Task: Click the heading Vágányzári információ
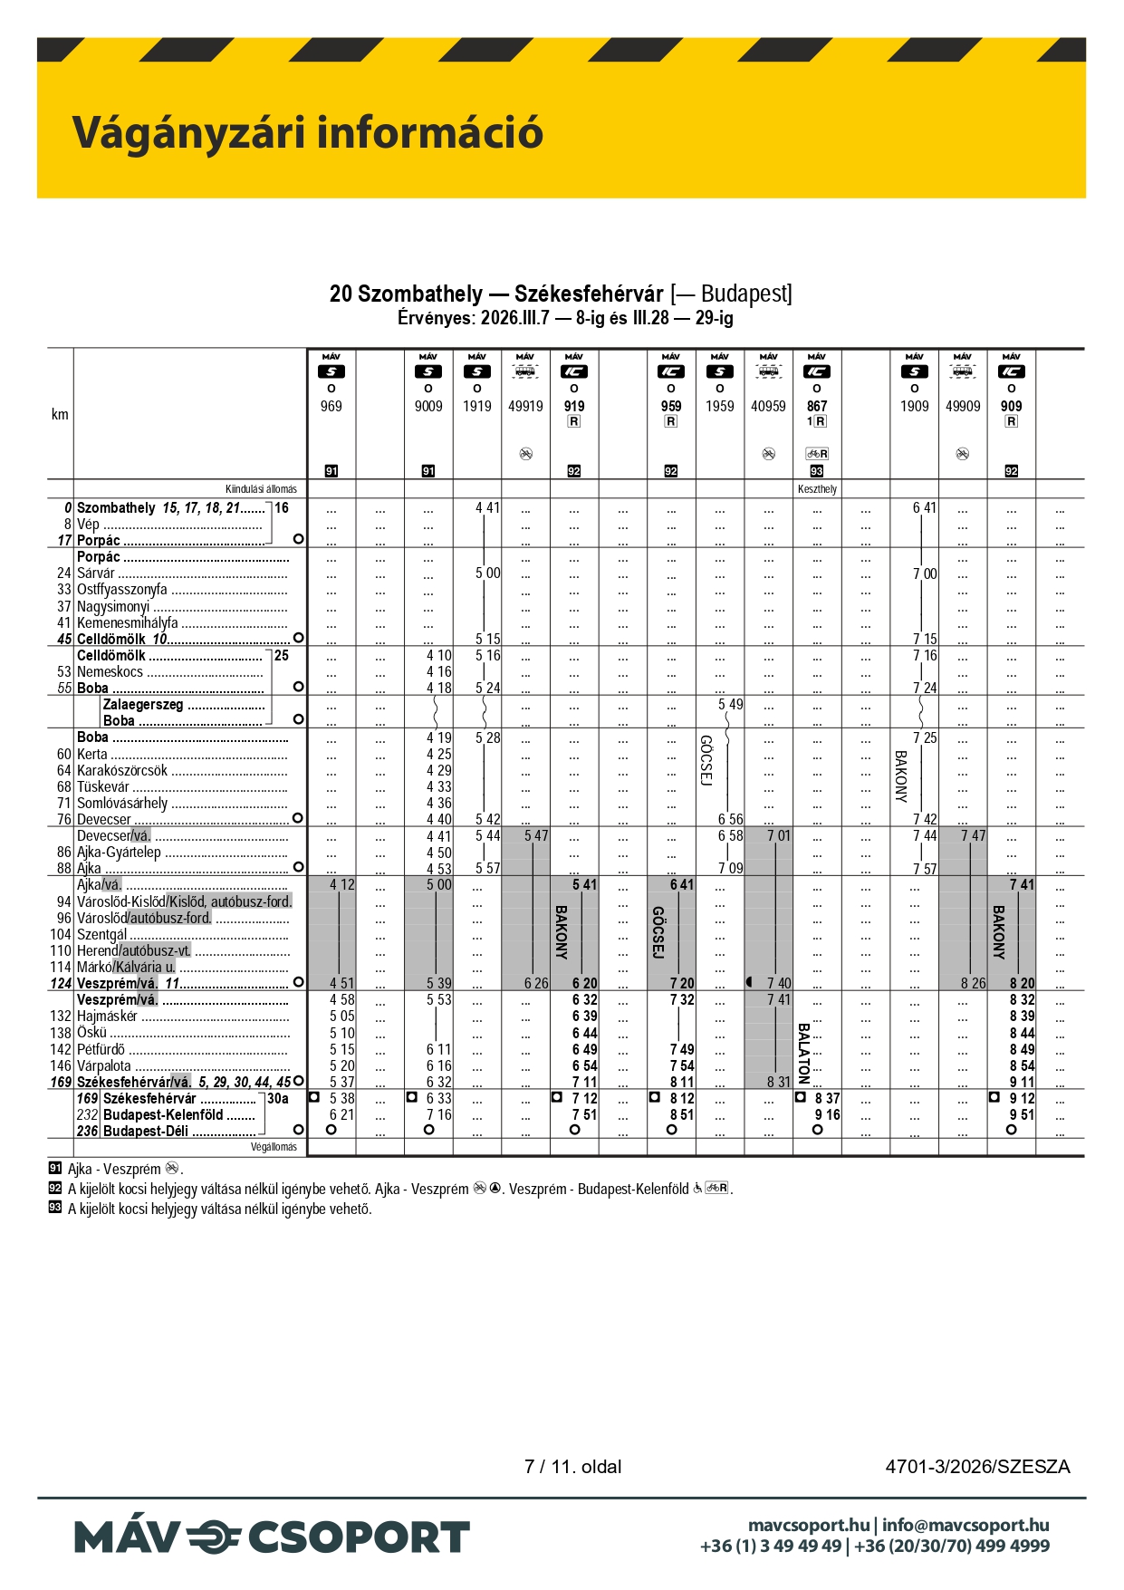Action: point(307,132)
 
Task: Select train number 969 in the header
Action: point(331,407)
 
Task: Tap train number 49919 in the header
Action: point(525,407)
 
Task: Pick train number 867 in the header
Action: point(817,407)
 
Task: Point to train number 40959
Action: point(768,407)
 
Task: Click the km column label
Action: point(60,415)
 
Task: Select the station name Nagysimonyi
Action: point(113,607)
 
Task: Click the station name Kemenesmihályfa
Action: point(127,623)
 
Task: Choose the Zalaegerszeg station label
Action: point(143,705)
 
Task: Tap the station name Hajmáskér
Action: point(107,1017)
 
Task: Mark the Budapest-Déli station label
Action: point(146,1132)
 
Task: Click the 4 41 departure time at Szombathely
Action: point(487,508)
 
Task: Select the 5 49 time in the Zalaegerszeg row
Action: point(730,705)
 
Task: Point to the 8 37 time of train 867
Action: point(827,1099)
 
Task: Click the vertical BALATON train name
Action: point(803,1053)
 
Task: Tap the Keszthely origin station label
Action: point(817,489)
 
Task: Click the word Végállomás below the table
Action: point(274,1147)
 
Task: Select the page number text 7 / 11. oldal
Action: point(572,1467)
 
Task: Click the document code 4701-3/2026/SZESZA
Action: point(977,1467)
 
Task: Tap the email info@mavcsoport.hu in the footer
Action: point(965,1526)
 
